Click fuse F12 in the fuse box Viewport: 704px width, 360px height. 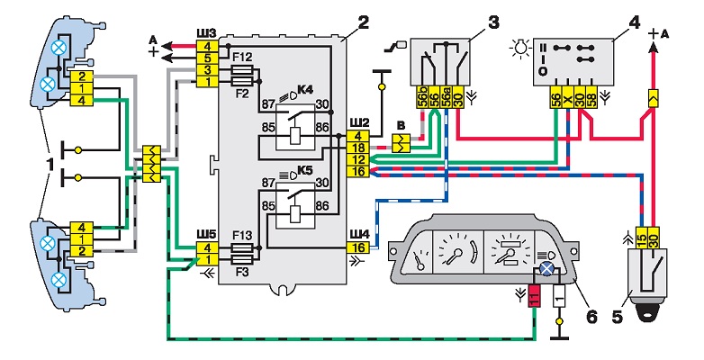241,70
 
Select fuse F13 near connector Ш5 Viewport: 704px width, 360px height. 241,247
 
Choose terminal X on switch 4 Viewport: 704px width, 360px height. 568,97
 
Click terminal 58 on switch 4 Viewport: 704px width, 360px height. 591,97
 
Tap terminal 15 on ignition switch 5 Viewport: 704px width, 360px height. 642,237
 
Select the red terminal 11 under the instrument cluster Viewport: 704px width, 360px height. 534,296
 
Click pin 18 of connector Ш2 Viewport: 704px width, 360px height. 358,148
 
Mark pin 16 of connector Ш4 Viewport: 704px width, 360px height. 358,247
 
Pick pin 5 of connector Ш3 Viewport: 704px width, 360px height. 207,58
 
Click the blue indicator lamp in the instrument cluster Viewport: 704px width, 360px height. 546,268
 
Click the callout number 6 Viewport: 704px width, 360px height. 591,317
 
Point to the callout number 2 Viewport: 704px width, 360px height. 363,21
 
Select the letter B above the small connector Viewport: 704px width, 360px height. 401,124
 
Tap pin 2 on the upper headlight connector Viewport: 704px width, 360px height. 82,76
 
